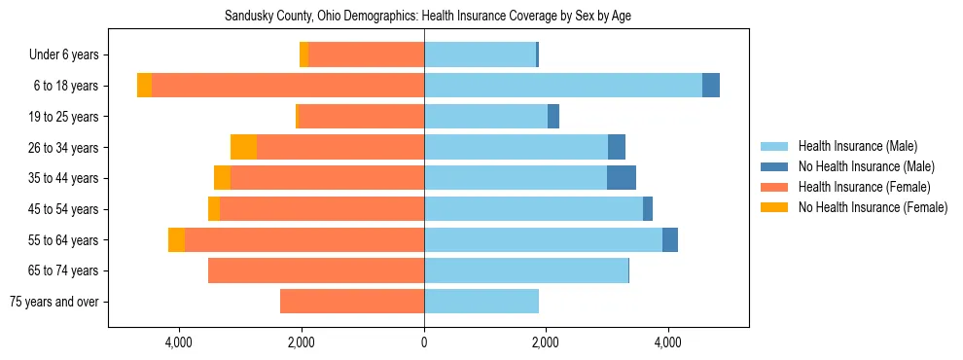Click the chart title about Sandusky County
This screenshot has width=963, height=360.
pos(429,17)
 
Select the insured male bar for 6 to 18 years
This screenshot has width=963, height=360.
pos(563,86)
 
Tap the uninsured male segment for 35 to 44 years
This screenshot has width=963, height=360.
pos(622,178)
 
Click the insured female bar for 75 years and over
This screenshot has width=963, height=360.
pos(352,302)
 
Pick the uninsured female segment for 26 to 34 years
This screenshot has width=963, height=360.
pos(243,147)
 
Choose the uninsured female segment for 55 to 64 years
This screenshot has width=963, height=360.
pos(176,239)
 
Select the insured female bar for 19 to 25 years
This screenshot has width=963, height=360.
pos(361,117)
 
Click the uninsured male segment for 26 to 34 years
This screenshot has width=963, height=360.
pos(617,147)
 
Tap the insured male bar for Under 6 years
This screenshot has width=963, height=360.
pos(480,54)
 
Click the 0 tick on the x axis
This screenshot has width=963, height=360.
pos(424,342)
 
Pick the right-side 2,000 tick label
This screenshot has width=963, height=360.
pos(546,342)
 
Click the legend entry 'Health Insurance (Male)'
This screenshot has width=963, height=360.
pos(857,146)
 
